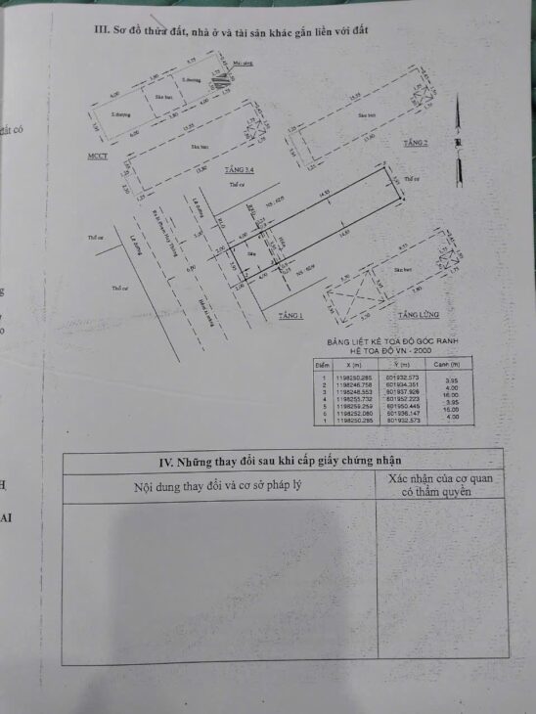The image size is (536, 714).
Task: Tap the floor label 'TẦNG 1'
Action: (290, 315)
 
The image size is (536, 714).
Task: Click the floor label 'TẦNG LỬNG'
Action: (418, 315)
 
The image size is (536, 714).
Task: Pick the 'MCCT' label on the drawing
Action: (97, 156)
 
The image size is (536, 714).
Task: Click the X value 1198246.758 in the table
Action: (353, 384)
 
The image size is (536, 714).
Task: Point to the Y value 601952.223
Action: (401, 399)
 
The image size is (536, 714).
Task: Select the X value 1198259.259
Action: (353, 406)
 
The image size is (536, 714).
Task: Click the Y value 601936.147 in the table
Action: (401, 413)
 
